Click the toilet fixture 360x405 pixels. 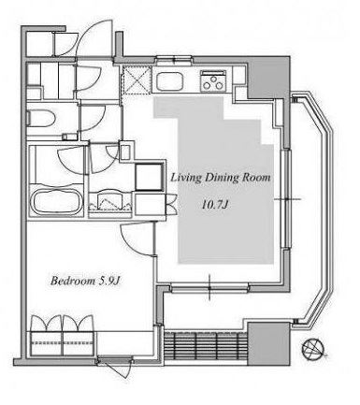pyautogui.click(x=41, y=119)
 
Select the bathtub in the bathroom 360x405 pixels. pyautogui.click(x=57, y=201)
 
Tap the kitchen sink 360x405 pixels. pyautogui.click(x=169, y=81)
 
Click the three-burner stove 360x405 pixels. pyautogui.click(x=213, y=80)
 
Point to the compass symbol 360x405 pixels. pyautogui.click(x=313, y=348)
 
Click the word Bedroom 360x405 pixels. pyautogui.click(x=73, y=281)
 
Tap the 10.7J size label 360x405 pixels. pyautogui.click(x=216, y=205)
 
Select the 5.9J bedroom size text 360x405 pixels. pyautogui.click(x=109, y=281)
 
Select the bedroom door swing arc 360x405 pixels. pyautogui.click(x=137, y=239)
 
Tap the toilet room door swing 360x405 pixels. pyautogui.click(x=93, y=118)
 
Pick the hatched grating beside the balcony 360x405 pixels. pyautogui.click(x=206, y=346)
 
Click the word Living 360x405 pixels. pyautogui.click(x=186, y=178)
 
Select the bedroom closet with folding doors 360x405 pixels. pyautogui.click(x=63, y=336)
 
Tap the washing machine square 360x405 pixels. pyautogui.click(x=149, y=177)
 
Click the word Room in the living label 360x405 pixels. pyautogui.click(x=256, y=178)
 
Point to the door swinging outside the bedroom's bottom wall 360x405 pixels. pyautogui.click(x=115, y=368)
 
